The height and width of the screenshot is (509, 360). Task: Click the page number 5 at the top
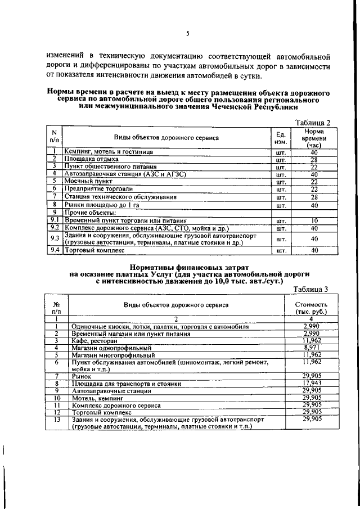[187, 34]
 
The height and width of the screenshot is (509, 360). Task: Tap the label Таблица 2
[313, 123]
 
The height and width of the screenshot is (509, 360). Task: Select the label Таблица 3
[311, 290]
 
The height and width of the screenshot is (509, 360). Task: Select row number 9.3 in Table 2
[55, 238]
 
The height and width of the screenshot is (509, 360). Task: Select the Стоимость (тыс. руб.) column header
[311, 308]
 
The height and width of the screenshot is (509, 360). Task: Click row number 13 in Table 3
[57, 420]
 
